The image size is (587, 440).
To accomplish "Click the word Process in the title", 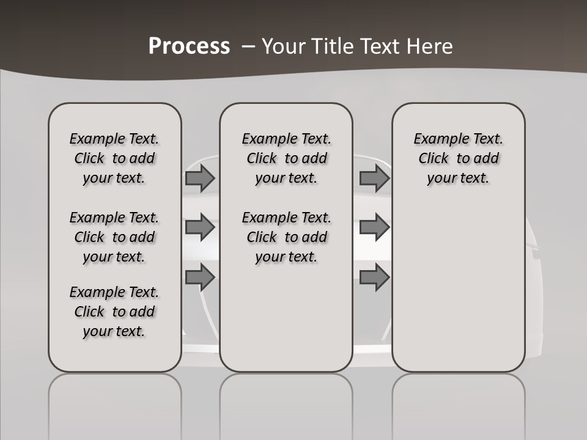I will pyautogui.click(x=189, y=46).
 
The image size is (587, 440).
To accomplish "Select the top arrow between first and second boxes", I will pyautogui.click(x=199, y=178).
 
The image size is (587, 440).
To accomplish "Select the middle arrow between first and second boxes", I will pyautogui.click(x=199, y=227).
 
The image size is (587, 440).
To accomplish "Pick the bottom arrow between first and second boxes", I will pyautogui.click(x=199, y=278).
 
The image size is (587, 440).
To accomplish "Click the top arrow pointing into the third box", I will pyautogui.click(x=374, y=178).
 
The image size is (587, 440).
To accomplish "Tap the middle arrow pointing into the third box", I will pyautogui.click(x=374, y=227).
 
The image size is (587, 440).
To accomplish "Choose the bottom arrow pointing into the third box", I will pyautogui.click(x=374, y=278).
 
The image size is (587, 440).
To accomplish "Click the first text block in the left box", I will pyautogui.click(x=114, y=158).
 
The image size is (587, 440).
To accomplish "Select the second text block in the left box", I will pyautogui.click(x=114, y=237).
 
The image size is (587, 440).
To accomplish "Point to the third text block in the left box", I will pyautogui.click(x=114, y=312).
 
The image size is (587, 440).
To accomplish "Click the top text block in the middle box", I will pyautogui.click(x=286, y=158).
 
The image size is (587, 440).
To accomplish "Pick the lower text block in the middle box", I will pyautogui.click(x=286, y=237).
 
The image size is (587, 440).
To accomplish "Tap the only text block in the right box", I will pyautogui.click(x=458, y=158).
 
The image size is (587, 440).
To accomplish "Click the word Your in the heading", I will pyautogui.click(x=283, y=46).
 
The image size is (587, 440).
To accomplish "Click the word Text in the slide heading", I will pyautogui.click(x=379, y=46).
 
